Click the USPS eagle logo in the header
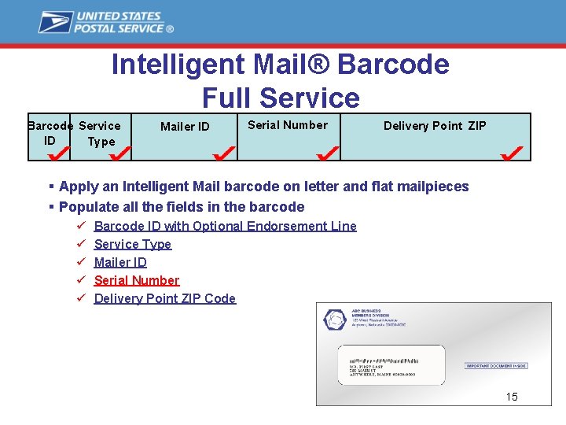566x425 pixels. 56,22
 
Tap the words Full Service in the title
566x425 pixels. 281,98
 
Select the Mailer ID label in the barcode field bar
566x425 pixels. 185,126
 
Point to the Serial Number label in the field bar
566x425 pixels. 288,125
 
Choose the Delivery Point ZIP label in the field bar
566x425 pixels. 435,126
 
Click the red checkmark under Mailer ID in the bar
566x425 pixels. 225,150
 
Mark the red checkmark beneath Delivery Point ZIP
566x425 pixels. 513,150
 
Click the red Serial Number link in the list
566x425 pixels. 137,280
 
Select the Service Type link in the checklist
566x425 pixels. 132,244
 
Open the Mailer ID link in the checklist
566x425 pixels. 120,262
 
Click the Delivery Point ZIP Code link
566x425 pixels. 164,298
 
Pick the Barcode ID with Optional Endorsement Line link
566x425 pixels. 225,226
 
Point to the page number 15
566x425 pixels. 512,397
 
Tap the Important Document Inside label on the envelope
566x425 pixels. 496,366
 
